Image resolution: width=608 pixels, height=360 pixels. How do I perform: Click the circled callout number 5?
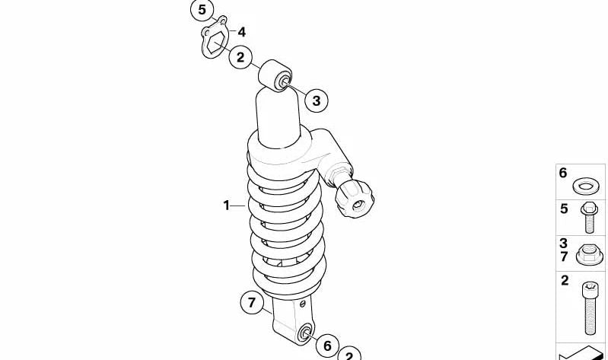click(202, 10)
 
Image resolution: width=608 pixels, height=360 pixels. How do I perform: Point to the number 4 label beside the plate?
click(241, 32)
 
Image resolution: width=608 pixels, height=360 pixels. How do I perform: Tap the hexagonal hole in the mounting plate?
click(214, 43)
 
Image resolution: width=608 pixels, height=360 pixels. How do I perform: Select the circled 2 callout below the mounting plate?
click(240, 57)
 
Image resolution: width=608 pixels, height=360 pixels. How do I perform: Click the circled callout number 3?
click(317, 101)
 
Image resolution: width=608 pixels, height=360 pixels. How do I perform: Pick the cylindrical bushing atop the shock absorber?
click(275, 76)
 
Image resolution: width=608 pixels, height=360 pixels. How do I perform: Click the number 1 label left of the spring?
click(227, 205)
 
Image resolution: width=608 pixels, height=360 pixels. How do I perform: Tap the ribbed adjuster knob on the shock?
click(355, 199)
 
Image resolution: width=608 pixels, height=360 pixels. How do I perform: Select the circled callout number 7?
click(252, 302)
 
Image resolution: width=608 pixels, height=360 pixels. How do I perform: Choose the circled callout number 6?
click(327, 346)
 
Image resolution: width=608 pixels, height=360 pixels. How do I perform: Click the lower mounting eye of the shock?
click(305, 333)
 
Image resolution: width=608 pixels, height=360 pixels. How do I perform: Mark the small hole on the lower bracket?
click(303, 304)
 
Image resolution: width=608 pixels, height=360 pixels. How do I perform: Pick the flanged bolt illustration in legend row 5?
click(589, 218)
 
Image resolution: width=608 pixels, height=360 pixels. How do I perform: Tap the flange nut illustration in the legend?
click(590, 254)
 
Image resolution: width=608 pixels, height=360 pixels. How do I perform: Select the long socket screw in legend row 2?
click(590, 308)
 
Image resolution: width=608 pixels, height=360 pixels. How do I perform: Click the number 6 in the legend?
click(563, 173)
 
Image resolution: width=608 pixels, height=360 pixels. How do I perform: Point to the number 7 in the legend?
click(564, 256)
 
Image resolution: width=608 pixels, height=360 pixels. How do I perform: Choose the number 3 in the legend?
click(563, 244)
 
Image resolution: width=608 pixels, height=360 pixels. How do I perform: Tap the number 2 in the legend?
click(565, 280)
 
